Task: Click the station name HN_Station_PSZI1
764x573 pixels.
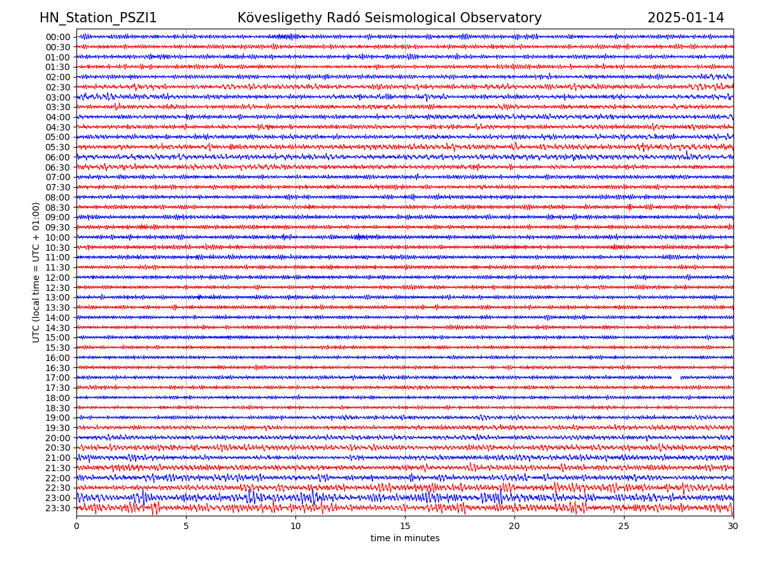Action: [98, 18]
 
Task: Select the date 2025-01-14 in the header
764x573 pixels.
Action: [686, 18]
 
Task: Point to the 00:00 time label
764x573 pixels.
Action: [58, 37]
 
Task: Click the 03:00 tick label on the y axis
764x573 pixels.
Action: [58, 97]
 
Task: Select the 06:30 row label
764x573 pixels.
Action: [58, 167]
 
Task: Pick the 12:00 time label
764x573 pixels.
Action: [58, 278]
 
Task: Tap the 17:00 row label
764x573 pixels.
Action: [58, 378]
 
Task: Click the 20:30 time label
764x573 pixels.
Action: [58, 448]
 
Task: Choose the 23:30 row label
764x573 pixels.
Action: [58, 508]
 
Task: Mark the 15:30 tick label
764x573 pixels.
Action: [58, 348]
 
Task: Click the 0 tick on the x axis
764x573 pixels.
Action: [76, 527]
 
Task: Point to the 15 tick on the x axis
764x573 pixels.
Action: [405, 527]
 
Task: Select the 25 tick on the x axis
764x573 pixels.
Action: [624, 527]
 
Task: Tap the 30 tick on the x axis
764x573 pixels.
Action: [733, 527]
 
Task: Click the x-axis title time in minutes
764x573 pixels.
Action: [405, 539]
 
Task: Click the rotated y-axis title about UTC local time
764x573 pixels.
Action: [36, 272]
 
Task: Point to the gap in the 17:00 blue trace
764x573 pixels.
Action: [676, 378]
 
